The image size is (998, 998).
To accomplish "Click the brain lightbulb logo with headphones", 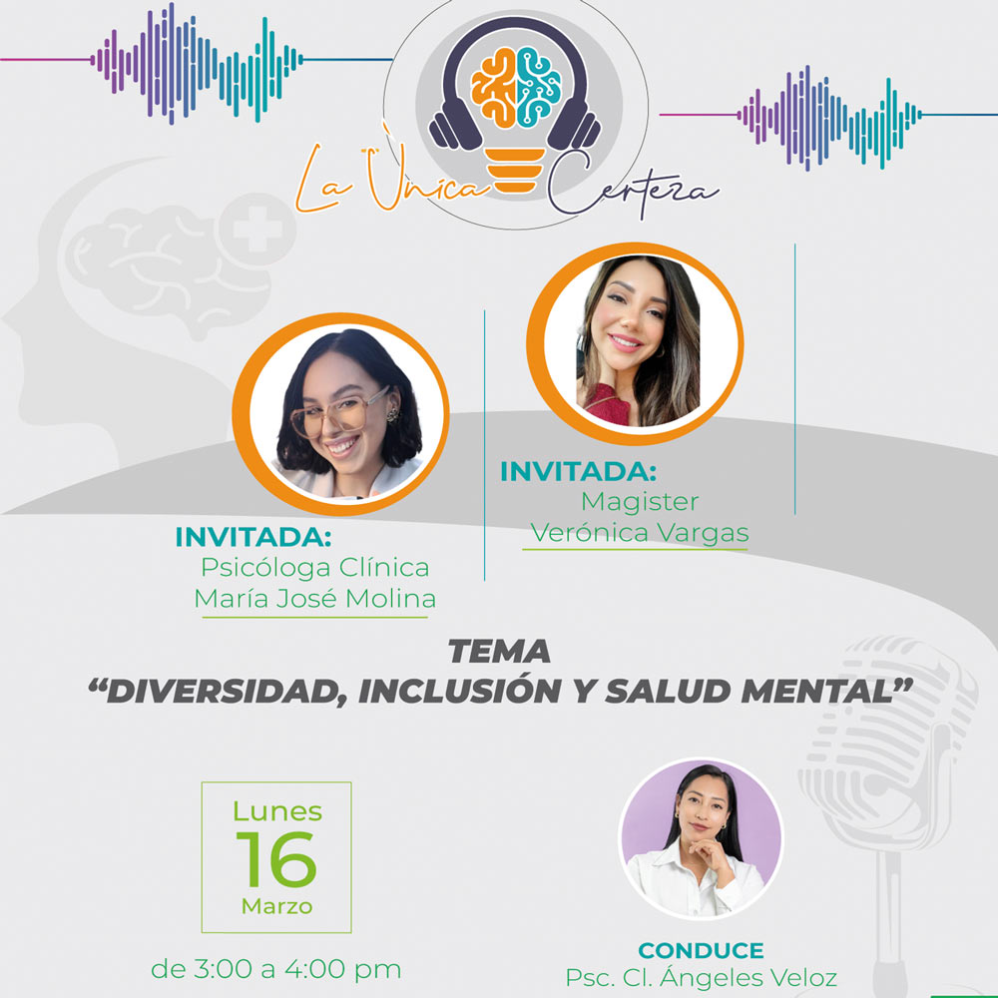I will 515,110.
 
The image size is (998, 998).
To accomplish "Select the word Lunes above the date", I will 276,810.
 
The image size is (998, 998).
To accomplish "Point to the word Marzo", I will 276,907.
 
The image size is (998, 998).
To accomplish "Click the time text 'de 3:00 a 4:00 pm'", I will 276,968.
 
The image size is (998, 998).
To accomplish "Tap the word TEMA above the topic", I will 499,652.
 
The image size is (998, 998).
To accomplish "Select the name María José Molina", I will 315,599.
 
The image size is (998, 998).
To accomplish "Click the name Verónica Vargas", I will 639,532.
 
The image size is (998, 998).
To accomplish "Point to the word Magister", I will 640,500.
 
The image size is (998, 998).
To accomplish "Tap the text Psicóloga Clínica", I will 315,567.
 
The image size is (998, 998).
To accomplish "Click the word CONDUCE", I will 701,950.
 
